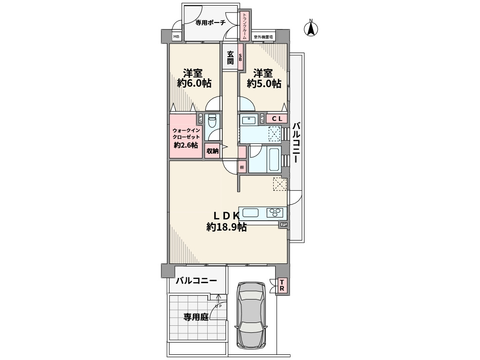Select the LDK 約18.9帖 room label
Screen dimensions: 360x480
(x=227, y=222)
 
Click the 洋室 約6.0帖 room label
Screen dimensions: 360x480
(x=194, y=78)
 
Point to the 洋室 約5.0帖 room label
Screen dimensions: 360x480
(x=264, y=78)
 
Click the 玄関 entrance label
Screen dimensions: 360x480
(x=230, y=58)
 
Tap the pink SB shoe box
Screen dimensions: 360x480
(x=240, y=58)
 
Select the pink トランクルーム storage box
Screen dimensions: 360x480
(x=244, y=26)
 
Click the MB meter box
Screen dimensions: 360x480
(x=176, y=37)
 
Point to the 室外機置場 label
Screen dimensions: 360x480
(x=263, y=37)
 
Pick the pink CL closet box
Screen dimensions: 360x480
(x=277, y=119)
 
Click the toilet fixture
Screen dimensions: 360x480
(x=212, y=121)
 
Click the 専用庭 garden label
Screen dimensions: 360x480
(x=195, y=316)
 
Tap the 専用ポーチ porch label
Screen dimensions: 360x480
(x=210, y=22)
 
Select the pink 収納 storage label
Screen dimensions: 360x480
(x=212, y=151)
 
